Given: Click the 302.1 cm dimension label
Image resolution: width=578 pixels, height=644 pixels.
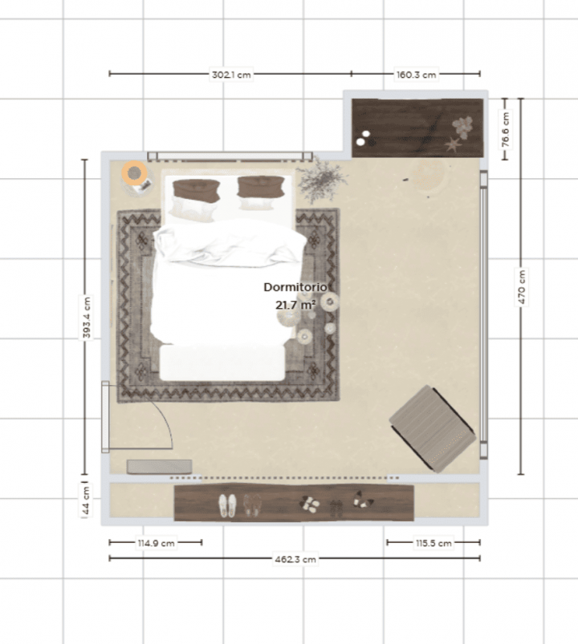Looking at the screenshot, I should tap(231, 74).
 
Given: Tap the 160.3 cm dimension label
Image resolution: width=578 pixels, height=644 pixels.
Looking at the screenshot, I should tap(417, 74).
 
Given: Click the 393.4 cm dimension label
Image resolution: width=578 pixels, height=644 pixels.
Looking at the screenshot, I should tap(86, 318).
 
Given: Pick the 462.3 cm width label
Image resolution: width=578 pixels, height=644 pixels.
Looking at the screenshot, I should tap(297, 559).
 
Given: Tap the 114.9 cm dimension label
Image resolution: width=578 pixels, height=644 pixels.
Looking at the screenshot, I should tap(156, 543).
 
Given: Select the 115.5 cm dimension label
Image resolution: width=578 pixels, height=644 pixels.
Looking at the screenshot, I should tap(433, 543).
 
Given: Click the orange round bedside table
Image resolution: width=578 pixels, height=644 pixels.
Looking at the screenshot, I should tap(134, 172).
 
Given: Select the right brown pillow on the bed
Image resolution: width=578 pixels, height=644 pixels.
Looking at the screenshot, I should tap(259, 188).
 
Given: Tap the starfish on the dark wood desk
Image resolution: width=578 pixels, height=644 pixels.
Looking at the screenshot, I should tap(453, 145).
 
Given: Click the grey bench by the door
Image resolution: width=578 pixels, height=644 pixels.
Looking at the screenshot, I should tap(159, 466).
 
